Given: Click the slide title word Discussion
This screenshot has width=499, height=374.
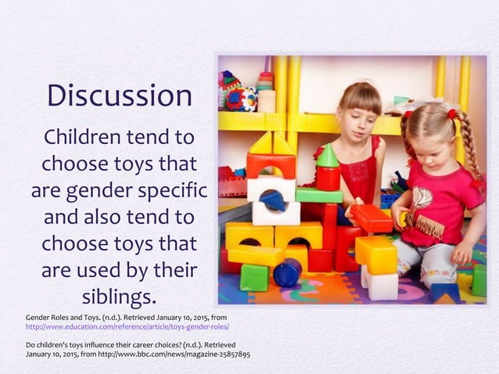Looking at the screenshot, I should coord(119,96).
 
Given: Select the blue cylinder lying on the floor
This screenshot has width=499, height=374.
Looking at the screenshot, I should coord(288,272).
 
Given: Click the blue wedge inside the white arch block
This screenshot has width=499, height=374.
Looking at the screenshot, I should coord(274,201).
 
